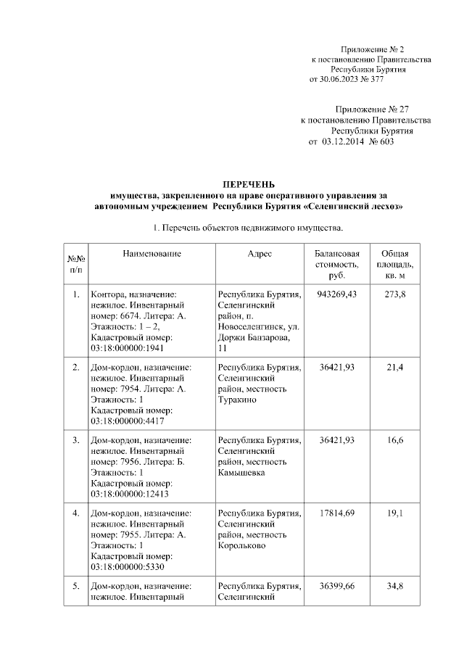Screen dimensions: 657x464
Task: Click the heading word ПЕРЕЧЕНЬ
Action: (248, 185)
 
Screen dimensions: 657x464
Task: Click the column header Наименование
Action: (152, 254)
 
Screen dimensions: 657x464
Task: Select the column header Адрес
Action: (260, 254)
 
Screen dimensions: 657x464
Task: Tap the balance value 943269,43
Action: (338, 294)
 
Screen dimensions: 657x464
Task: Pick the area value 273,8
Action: (395, 294)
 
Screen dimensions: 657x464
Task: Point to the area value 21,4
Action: (395, 368)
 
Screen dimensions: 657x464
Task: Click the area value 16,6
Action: (395, 440)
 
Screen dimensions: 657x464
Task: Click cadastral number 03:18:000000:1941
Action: (128, 348)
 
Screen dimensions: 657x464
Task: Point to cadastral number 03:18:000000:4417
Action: (128, 421)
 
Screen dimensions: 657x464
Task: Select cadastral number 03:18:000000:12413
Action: (130, 493)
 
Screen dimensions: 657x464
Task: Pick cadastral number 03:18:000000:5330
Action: (128, 566)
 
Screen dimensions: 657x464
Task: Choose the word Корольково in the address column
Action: (242, 545)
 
